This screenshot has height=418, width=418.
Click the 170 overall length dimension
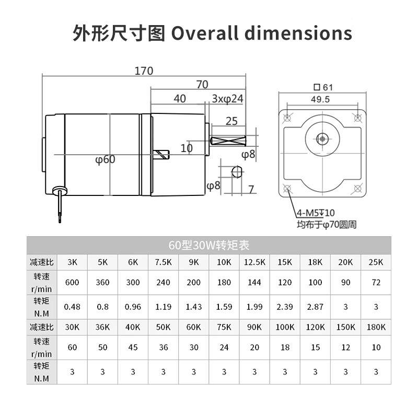[144, 71]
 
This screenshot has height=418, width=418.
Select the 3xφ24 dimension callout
[228, 99]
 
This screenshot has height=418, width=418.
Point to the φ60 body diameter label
[105, 159]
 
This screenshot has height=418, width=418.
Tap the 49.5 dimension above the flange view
[320, 99]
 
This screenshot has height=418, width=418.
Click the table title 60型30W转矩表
[208, 245]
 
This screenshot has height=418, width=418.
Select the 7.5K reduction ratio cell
[163, 262]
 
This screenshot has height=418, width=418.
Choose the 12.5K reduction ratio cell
[254, 262]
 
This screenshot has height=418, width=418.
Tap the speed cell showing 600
[72, 282]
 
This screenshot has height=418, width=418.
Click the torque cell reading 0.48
[72, 307]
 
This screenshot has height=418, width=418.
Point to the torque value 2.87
[315, 307]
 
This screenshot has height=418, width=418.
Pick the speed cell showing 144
[254, 282]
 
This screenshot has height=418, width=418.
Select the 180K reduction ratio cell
[375, 327]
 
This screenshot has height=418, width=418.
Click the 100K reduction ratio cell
[284, 327]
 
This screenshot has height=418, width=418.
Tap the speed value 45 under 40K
[133, 347]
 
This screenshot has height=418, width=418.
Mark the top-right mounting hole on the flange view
[358, 117]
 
